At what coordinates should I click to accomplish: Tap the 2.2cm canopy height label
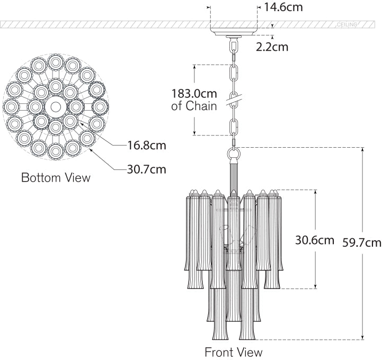[x=272, y=47]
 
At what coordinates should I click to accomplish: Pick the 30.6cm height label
[x=315, y=240]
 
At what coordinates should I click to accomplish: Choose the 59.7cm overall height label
[x=362, y=243]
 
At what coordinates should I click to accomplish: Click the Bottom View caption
[x=56, y=177]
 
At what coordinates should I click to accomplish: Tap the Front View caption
[x=233, y=352]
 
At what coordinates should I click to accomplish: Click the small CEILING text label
[x=347, y=25]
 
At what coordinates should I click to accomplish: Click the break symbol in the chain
[x=233, y=98]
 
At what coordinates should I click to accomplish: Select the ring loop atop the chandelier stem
[x=233, y=154]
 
